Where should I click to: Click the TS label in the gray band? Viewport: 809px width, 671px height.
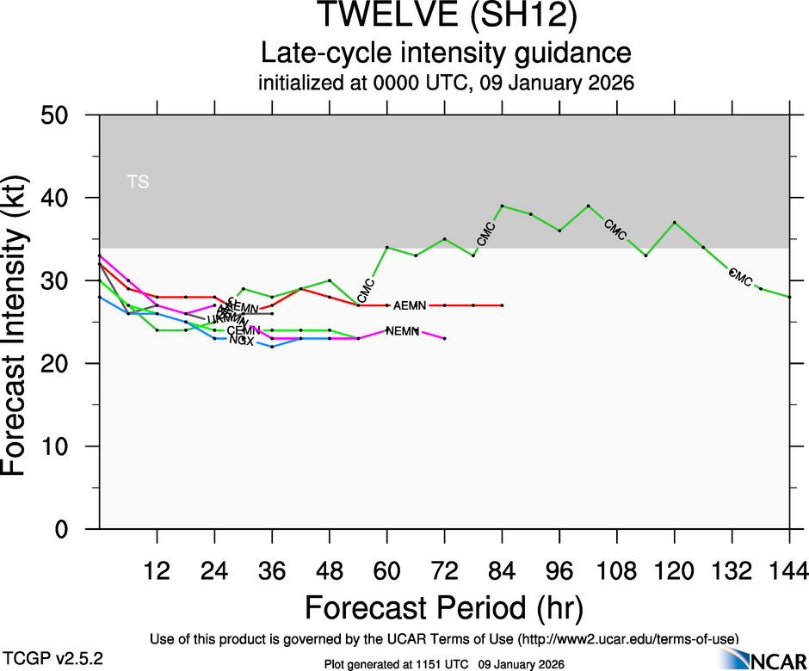click(x=138, y=182)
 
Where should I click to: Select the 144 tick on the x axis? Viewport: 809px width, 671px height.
click(x=790, y=569)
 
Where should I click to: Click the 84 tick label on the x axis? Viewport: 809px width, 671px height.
click(x=502, y=569)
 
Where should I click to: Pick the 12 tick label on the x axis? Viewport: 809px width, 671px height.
click(x=157, y=569)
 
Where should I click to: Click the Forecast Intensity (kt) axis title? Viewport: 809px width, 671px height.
click(x=23, y=323)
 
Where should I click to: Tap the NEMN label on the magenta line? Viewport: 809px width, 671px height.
click(x=403, y=331)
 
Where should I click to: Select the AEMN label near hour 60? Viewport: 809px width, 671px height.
click(x=411, y=305)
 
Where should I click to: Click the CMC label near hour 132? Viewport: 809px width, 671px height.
click(x=740, y=278)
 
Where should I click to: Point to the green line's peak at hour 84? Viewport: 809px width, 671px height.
click(x=502, y=206)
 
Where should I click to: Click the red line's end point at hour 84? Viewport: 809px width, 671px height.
click(x=502, y=305)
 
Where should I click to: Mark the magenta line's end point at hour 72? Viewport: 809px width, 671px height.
click(x=444, y=339)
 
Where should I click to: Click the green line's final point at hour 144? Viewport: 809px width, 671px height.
click(x=789, y=297)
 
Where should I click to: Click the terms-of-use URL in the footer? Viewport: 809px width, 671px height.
click(x=626, y=639)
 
